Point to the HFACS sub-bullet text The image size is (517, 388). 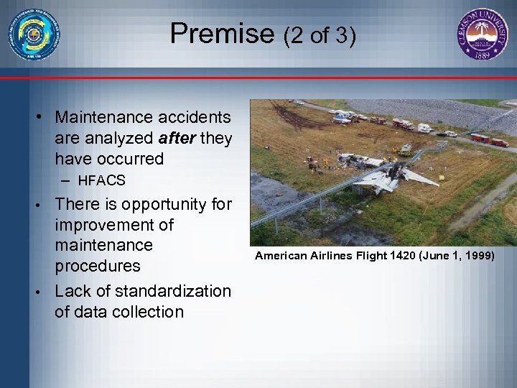(x=101, y=180)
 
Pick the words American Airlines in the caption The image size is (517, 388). (x=303, y=255)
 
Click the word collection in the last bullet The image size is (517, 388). (x=149, y=311)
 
